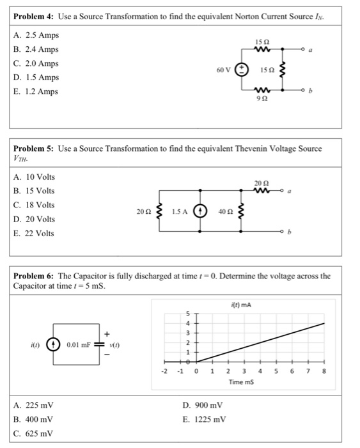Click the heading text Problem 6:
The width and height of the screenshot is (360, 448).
(x=33, y=276)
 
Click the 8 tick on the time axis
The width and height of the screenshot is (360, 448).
(x=325, y=371)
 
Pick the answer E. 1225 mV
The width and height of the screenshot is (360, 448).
(x=203, y=420)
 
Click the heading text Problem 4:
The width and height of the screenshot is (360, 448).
(x=33, y=13)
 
